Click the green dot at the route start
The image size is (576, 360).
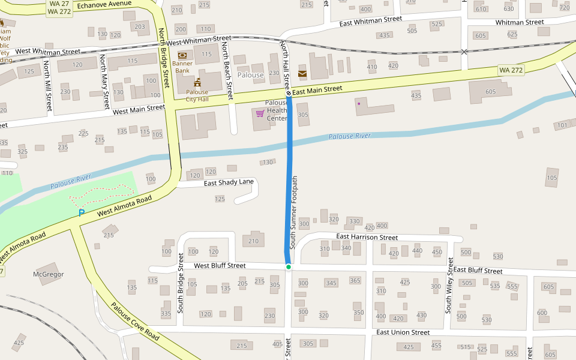(x=289, y=266)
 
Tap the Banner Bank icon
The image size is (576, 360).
(x=182, y=55)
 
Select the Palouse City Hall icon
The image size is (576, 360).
(x=197, y=82)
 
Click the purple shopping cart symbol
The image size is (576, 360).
(x=260, y=113)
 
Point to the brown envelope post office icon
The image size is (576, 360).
(x=302, y=74)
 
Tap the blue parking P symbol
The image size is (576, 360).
(x=82, y=213)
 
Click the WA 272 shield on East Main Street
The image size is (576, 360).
(x=511, y=71)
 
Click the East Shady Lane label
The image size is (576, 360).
(x=229, y=182)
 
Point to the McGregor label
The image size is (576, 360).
(x=48, y=274)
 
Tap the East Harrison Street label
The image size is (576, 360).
(x=367, y=237)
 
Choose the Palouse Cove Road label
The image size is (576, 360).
(x=135, y=321)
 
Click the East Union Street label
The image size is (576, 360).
(x=403, y=332)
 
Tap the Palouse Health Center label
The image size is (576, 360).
(x=277, y=110)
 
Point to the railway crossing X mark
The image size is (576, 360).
(x=464, y=52)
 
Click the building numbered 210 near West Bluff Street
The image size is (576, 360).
(x=253, y=241)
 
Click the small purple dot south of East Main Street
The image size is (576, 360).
(x=359, y=104)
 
